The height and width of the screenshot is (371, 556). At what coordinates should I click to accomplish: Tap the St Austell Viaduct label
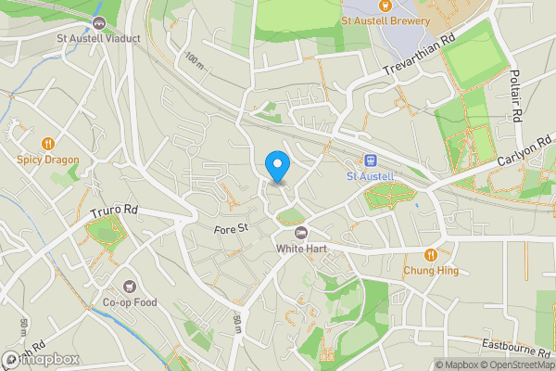pos(97,39)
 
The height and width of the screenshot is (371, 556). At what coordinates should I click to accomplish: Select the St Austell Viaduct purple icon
pos(98,22)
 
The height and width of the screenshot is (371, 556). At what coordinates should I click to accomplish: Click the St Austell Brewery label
pos(385,20)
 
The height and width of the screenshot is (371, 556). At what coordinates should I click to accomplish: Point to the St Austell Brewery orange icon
pos(385,6)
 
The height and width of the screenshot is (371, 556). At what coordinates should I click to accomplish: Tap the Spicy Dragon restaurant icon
pos(47,144)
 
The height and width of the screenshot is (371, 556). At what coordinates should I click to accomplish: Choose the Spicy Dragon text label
pos(47,160)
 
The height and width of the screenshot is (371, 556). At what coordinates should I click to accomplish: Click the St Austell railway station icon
pos(371,160)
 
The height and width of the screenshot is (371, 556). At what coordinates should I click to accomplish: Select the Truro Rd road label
pos(113,212)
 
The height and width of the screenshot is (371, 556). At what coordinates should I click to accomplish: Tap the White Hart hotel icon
pos(300,232)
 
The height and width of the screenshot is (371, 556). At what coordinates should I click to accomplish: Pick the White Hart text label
pos(300,249)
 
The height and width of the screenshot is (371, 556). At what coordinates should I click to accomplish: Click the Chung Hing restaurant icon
pos(430,255)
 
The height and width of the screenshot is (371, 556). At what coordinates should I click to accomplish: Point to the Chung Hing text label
pos(430,271)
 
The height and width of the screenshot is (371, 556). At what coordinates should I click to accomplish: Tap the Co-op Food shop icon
pos(130,287)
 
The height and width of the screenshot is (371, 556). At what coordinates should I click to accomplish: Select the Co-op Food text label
pos(130,302)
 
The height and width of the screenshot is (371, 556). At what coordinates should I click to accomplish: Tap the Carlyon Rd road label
pos(524,153)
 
